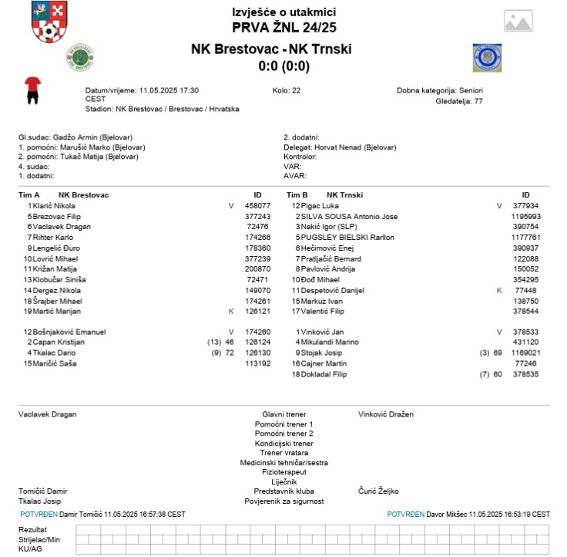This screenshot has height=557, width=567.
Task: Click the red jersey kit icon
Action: (32, 90)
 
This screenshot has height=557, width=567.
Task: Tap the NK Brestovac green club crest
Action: (80, 56)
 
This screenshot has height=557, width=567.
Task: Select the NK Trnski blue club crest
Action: (487, 57)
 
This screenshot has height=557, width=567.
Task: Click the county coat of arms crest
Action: (49, 22)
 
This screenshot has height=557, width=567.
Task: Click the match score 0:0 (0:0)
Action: (283, 66)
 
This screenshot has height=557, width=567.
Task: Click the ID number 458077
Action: (257, 206)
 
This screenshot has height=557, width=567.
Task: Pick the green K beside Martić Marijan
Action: (230, 311)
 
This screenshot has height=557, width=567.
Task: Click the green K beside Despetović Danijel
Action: (499, 290)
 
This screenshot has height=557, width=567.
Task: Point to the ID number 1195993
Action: (525, 217)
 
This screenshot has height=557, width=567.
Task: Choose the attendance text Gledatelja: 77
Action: (458, 101)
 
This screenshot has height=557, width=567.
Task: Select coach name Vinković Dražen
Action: (386, 414)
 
